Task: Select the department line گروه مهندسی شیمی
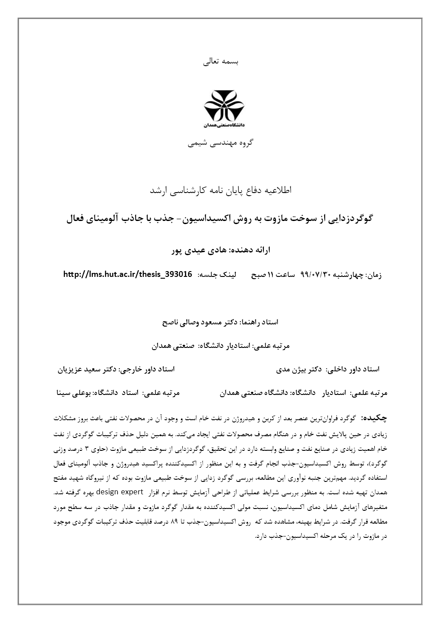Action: [220, 143]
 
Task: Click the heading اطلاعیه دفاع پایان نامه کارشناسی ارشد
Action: [220, 190]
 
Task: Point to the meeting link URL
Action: [128, 275]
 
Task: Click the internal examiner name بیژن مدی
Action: [291, 369]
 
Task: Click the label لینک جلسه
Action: [216, 275]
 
